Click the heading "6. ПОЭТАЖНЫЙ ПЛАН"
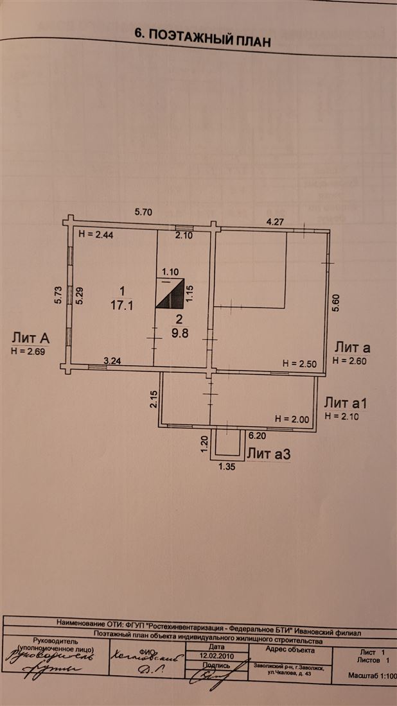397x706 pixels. [202, 37]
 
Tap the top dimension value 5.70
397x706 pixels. [144, 211]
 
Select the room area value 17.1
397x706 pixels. [121, 306]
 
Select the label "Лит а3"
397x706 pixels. [269, 454]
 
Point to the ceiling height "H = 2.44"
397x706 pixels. [95, 236]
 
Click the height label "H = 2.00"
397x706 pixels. [292, 418]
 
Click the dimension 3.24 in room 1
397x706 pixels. [113, 361]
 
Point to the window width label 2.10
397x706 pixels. [185, 236]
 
